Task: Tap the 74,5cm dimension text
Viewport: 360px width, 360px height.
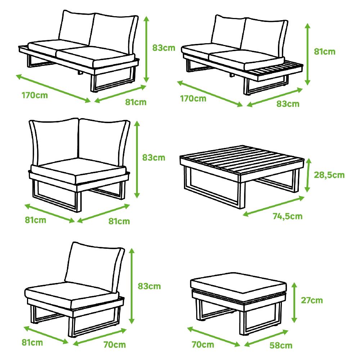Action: click(x=287, y=216)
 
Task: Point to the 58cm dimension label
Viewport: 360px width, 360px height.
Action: click(x=281, y=346)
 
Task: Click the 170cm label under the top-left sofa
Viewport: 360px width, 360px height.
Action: click(x=35, y=96)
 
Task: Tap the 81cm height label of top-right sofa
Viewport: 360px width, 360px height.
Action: click(x=324, y=51)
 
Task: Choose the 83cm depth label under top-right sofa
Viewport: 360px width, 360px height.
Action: click(x=288, y=104)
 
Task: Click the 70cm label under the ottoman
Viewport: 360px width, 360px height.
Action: click(x=203, y=345)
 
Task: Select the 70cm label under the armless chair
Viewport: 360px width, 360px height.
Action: click(x=114, y=345)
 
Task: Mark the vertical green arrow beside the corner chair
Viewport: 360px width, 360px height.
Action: click(x=137, y=159)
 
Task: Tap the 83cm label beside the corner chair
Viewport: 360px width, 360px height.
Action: click(x=154, y=157)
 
